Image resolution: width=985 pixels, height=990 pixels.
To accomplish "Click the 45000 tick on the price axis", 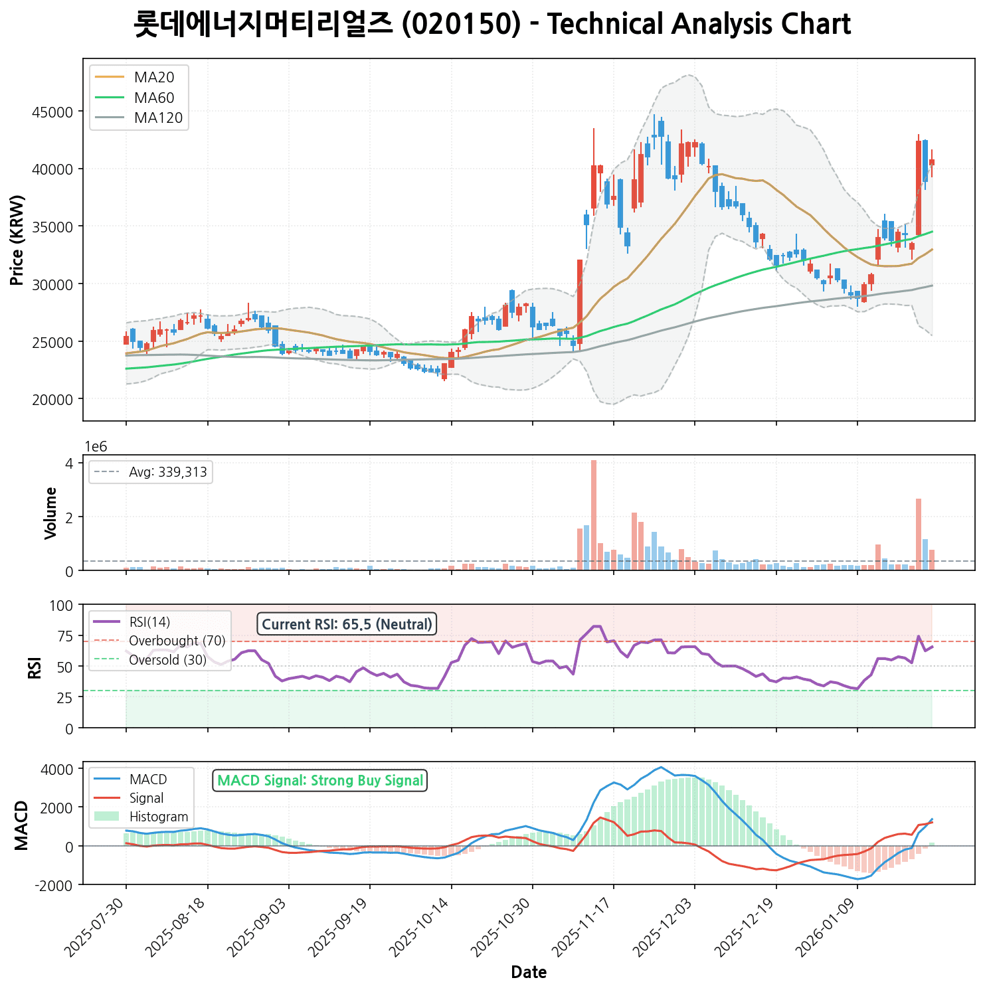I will pos(52,112).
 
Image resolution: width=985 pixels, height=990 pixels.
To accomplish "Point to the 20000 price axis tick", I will pos(52,399).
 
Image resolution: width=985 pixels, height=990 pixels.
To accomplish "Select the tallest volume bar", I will pos(594,515).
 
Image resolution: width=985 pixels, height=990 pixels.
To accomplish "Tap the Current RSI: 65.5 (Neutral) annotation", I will pos(347,624).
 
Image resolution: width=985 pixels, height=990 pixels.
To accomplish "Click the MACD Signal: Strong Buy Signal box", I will pos(320,781).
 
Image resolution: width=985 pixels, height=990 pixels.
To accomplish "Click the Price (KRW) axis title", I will pos(18,240).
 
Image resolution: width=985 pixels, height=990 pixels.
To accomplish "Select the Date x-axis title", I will pos(529,973).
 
